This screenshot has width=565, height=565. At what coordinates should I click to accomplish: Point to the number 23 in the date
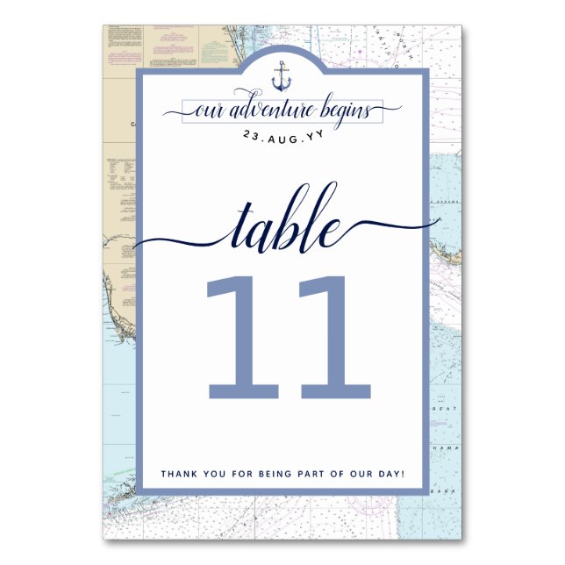coord(251,136)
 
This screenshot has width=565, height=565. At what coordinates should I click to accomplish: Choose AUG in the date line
coord(282,136)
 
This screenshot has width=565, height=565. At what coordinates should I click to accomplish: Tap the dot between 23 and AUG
coord(263,138)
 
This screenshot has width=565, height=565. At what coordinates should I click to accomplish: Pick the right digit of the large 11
coord(328,336)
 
